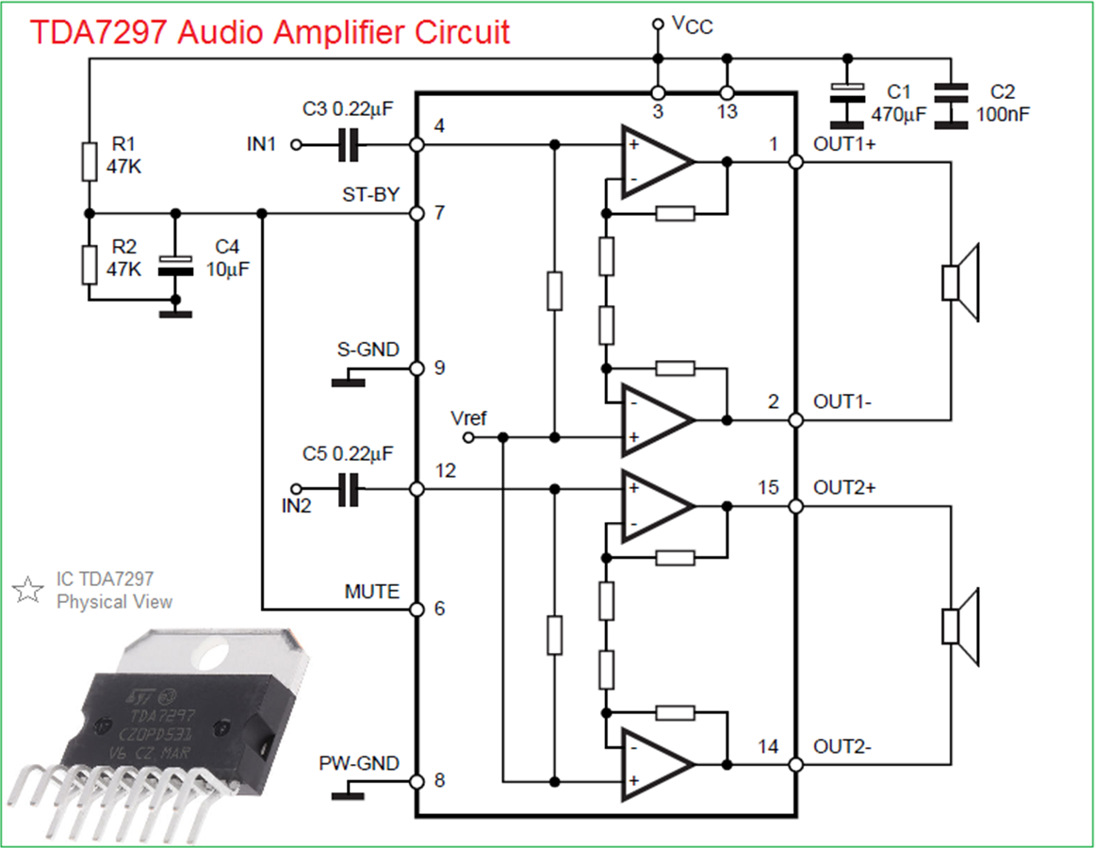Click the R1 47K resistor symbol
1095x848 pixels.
[x=90, y=161]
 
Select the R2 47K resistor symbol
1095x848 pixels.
[x=90, y=265]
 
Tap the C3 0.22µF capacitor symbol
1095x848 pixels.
[x=349, y=145]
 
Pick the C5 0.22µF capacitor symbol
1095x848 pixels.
[x=349, y=489]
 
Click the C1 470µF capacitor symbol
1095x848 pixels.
[x=847, y=105]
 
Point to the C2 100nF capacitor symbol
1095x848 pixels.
[x=951, y=106]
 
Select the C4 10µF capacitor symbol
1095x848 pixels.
[x=175, y=266]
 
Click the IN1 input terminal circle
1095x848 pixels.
[x=296, y=145]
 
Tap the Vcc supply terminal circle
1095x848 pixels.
[x=657, y=24]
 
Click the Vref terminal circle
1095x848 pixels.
[x=468, y=438]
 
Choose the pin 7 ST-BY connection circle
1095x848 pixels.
[x=417, y=213]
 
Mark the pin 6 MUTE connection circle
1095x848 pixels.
[x=417, y=610]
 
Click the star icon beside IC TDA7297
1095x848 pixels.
[x=27, y=590]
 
